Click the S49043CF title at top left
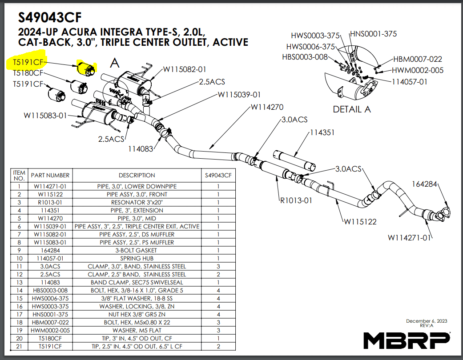[x=50, y=17]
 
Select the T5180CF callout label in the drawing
[x=28, y=73]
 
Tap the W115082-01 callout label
[x=185, y=69]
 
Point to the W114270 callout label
[x=267, y=107]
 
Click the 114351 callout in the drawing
[x=322, y=133]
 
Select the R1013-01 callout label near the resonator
[x=296, y=200]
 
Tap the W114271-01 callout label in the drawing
[x=410, y=237]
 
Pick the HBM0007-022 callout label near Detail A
[x=417, y=59]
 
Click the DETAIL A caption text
[x=352, y=109]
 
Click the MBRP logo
[x=406, y=340]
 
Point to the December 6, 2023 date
[x=427, y=321]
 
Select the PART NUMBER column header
[x=50, y=175]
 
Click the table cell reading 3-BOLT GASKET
[x=137, y=250]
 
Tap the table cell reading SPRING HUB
[x=137, y=258]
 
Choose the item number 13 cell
[x=19, y=282]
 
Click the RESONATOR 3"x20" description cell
[x=137, y=202]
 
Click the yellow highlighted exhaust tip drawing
[x=85, y=68]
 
